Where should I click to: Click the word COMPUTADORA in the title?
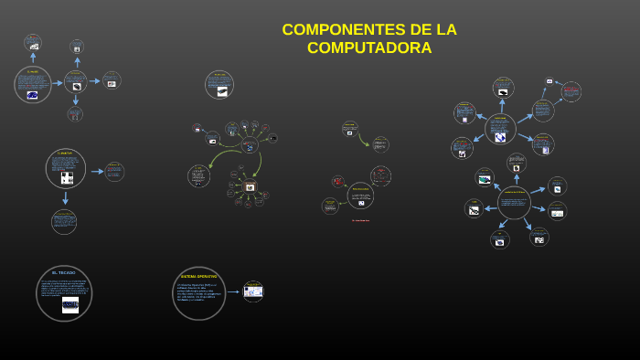(x=369, y=48)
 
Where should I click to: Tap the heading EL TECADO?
(x=64, y=273)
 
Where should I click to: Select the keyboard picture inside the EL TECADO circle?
(x=70, y=305)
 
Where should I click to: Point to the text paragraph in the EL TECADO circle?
(x=64, y=287)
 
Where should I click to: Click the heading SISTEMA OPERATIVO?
(x=198, y=276)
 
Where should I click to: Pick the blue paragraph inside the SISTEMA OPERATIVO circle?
(x=198, y=292)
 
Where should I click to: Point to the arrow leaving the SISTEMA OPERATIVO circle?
(x=233, y=292)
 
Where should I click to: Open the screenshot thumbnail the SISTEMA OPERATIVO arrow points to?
(x=253, y=291)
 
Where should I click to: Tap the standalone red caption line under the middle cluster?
(x=360, y=220)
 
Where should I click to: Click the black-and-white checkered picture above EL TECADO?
(x=66, y=177)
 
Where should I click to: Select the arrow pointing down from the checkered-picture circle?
(x=65, y=197)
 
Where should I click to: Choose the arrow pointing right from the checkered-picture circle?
(x=96, y=171)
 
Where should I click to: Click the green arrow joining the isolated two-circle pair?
(x=364, y=139)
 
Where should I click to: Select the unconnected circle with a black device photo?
(x=219, y=85)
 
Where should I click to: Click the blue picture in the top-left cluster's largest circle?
(x=32, y=94)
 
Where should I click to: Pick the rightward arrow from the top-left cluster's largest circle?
(x=57, y=83)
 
